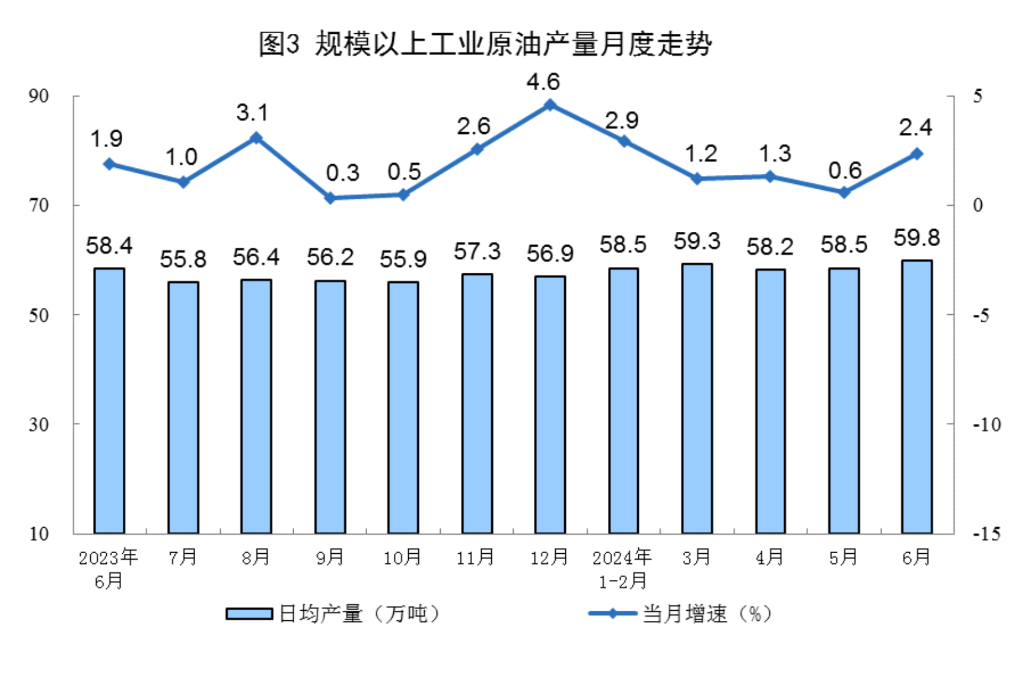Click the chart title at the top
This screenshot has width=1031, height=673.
485,44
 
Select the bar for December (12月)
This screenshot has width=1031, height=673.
550,404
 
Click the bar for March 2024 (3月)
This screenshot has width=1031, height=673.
697,398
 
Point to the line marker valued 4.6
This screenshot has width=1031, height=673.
550,105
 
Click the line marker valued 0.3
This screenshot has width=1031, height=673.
330,198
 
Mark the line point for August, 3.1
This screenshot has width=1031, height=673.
256,138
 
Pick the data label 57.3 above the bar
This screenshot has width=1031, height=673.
477,251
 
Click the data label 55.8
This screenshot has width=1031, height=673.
183,259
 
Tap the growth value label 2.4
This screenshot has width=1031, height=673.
915,127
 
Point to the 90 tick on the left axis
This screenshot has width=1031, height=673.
39,96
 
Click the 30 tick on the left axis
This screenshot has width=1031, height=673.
39,424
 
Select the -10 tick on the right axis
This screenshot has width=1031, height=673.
987,424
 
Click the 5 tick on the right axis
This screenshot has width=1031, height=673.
978,96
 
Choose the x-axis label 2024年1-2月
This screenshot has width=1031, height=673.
622,569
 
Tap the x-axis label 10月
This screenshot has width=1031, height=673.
403,557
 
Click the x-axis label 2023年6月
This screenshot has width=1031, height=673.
109,569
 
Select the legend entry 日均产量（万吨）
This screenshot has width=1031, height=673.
333,614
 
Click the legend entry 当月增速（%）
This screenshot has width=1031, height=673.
680,614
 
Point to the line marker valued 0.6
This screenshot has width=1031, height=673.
844,192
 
